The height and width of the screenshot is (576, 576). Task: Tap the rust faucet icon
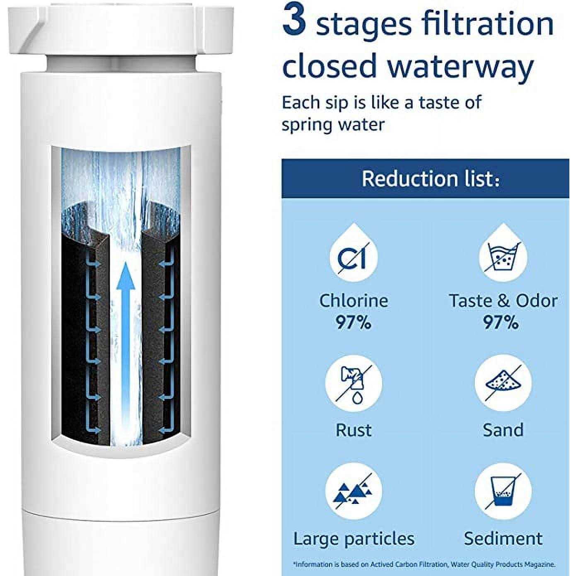pyautogui.click(x=353, y=383)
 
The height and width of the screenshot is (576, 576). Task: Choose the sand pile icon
pyautogui.click(x=503, y=383)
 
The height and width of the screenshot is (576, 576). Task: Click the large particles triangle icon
pyautogui.click(x=353, y=491)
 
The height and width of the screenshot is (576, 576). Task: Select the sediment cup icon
pyautogui.click(x=503, y=491)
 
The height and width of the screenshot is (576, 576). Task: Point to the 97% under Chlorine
pyautogui.click(x=353, y=322)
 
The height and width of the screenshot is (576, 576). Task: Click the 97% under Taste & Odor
pyautogui.click(x=501, y=322)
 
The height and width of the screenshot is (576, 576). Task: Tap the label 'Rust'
pyautogui.click(x=353, y=430)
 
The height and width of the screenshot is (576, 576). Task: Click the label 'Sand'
pyautogui.click(x=503, y=430)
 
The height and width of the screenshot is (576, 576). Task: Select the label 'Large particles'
pyautogui.click(x=354, y=539)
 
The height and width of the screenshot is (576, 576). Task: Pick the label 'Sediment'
pyautogui.click(x=503, y=539)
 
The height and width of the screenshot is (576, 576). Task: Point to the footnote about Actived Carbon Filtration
pyautogui.click(x=424, y=564)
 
